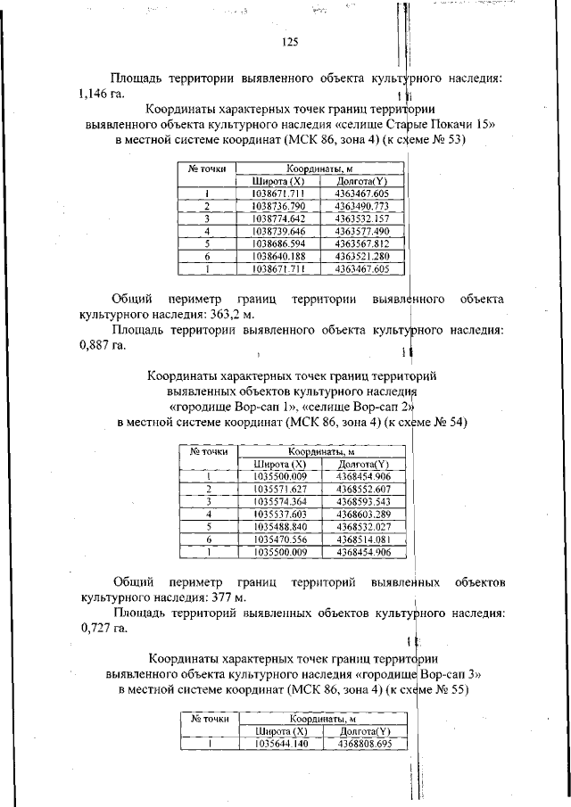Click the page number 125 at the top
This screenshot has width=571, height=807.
(289, 42)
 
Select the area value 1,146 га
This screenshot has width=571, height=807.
(103, 93)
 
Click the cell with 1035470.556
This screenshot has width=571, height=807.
(280, 539)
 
